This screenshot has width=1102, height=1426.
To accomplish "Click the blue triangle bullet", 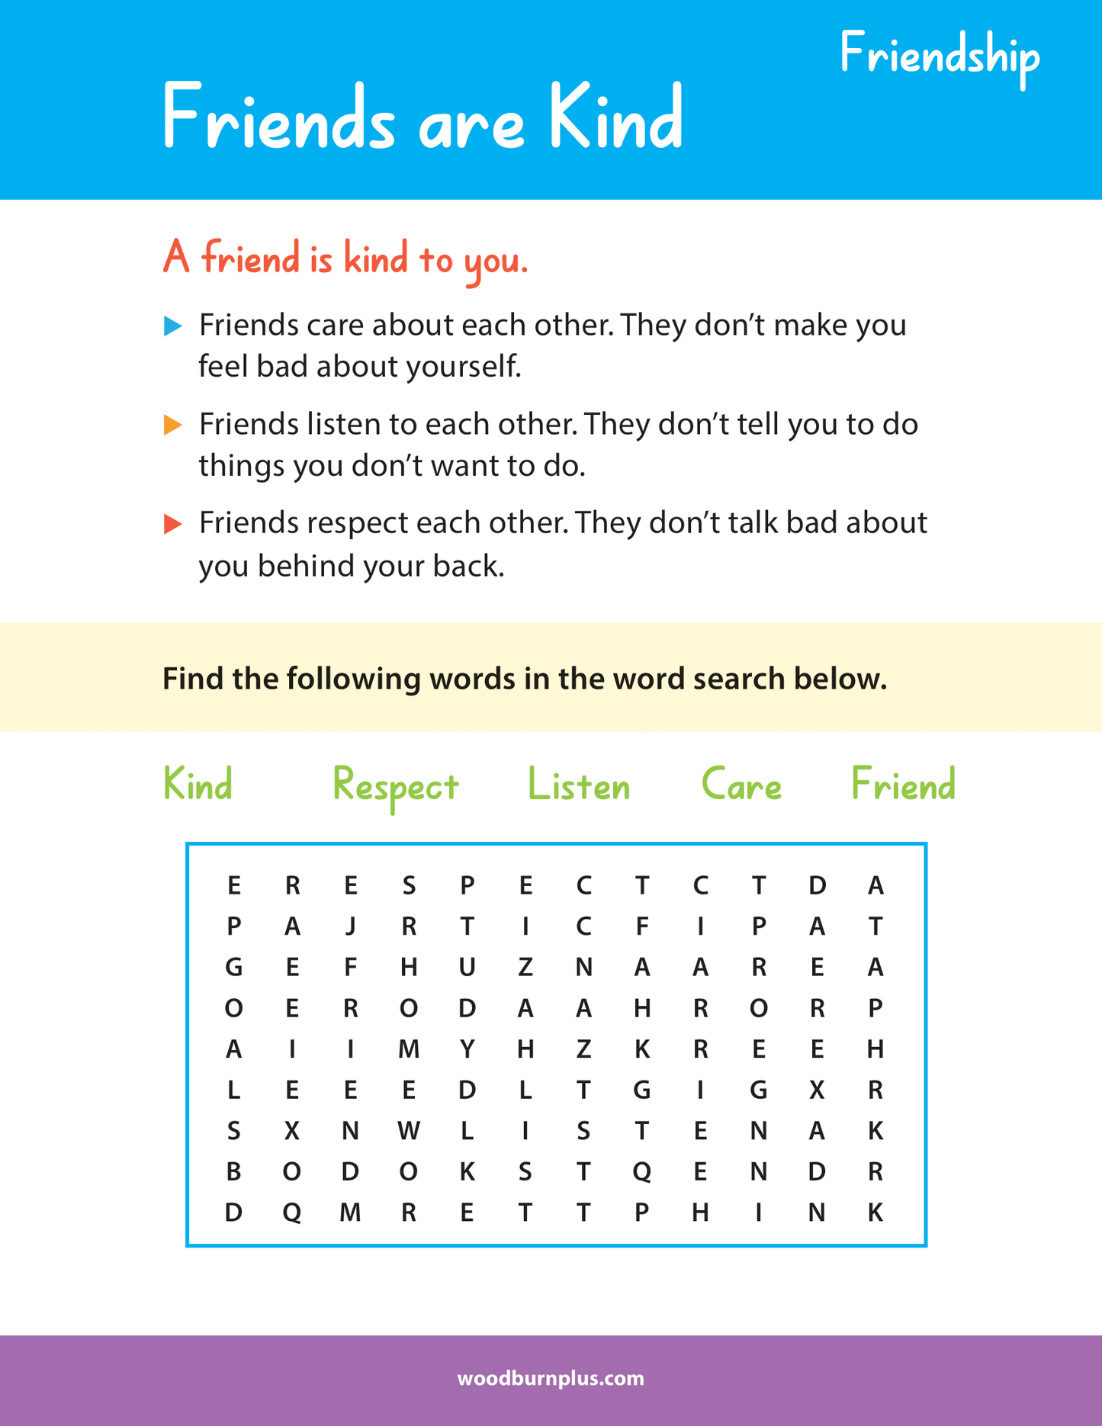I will coord(173,326).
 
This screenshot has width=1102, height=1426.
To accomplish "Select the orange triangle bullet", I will coord(173,425).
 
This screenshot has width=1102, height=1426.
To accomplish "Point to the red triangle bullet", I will coord(173,524).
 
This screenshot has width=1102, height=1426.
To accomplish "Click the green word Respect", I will coord(395,786).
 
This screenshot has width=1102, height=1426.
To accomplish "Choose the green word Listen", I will coord(579,785).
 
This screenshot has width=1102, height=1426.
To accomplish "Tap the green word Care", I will coord(741,785).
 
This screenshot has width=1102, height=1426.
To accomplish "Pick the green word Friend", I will coord(903,785).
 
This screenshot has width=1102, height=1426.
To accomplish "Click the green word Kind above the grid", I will coord(198,785).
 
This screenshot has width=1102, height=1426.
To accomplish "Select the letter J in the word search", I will coord(351,927).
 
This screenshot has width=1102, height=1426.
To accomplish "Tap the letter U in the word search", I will coord(467,968).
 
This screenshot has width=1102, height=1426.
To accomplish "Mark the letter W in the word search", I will coord(409,1131).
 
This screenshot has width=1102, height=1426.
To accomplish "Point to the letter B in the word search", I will coord(233,1171).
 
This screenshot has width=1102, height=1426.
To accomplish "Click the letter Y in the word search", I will coord(467,1049).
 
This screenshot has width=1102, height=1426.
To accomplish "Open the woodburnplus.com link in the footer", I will coord(551,1379).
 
